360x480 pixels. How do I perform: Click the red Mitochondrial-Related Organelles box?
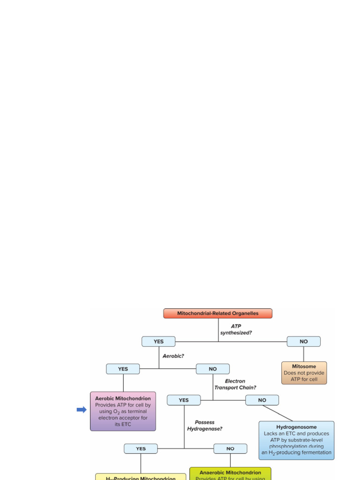(217, 313)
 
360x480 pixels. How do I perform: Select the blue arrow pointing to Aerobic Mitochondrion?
(82, 410)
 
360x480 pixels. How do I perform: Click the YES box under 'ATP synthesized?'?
(158, 342)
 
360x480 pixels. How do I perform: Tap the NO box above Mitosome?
(304, 342)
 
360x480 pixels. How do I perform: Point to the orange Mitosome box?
(304, 373)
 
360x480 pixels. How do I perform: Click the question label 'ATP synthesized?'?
(236, 329)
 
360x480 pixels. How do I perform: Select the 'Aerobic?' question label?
(173, 356)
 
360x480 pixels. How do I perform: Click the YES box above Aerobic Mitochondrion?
(123, 369)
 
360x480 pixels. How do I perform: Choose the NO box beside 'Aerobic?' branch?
(213, 369)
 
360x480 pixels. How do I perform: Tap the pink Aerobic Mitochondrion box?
(123, 411)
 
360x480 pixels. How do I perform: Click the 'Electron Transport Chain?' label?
(235, 384)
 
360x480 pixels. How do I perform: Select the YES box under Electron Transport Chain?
(184, 400)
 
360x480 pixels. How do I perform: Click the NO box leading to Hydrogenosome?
(262, 400)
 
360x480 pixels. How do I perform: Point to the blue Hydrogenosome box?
(296, 440)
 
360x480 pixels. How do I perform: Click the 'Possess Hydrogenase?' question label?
(205, 425)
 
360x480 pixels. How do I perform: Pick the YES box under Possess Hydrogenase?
(141, 449)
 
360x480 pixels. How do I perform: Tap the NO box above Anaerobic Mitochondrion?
(230, 449)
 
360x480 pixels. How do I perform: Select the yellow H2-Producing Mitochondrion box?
(141, 477)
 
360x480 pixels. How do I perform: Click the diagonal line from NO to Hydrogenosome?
(278, 413)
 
